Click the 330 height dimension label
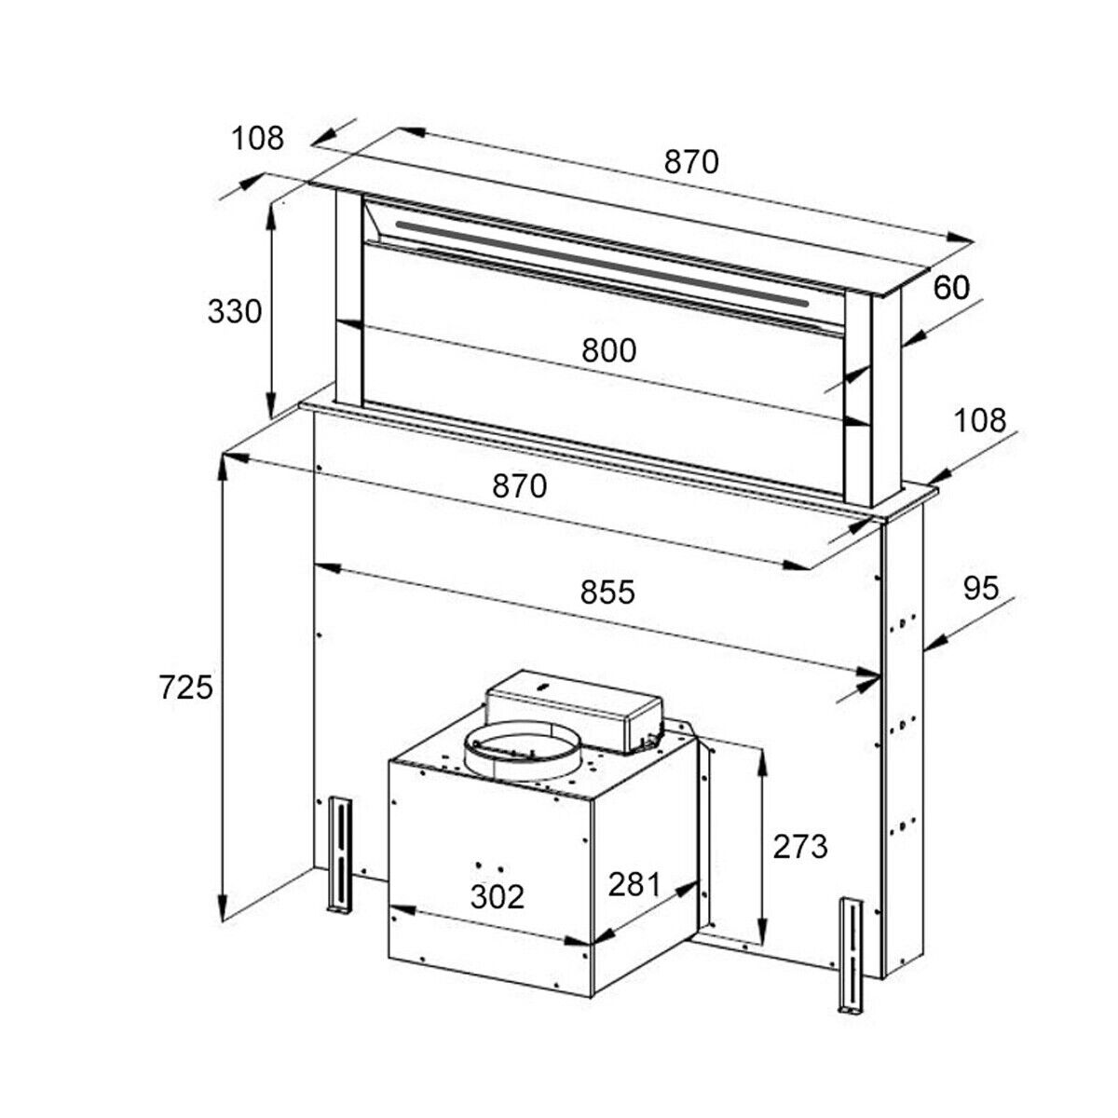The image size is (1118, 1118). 235,312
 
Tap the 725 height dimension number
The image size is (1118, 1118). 186,689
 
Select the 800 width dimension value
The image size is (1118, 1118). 609,350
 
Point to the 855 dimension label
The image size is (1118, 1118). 608,593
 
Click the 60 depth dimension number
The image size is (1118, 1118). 951,287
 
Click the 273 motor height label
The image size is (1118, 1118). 800,847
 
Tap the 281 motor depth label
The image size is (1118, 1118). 634,884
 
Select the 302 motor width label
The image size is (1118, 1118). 498,896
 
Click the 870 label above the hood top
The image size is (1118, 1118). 691,161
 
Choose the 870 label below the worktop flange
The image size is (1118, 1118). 520,485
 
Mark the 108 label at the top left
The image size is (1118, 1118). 257,138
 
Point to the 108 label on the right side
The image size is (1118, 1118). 980,420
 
